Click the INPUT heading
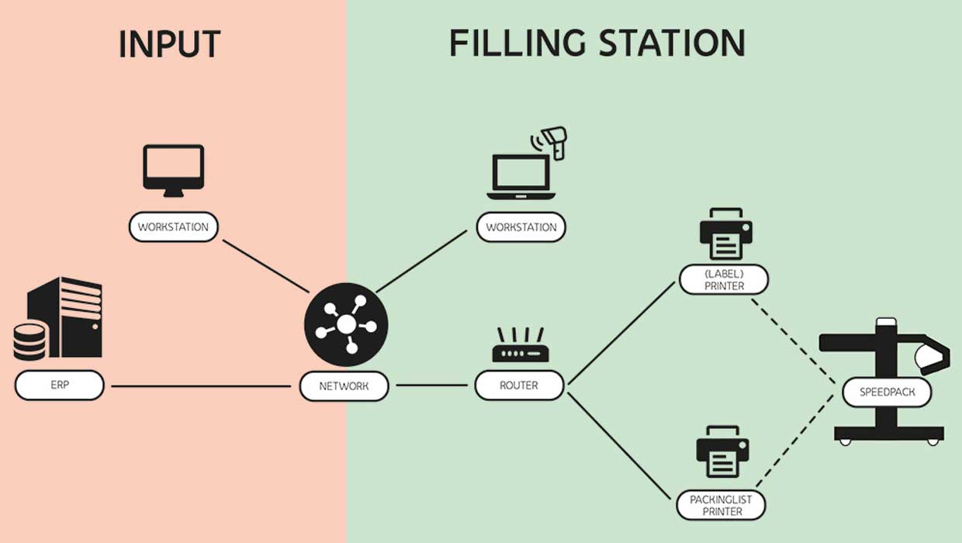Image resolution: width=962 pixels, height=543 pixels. [169, 44]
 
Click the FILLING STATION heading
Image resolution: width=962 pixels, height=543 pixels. [597, 43]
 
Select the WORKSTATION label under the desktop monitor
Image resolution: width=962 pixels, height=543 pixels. [174, 228]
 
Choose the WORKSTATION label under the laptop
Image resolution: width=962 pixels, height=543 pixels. [521, 228]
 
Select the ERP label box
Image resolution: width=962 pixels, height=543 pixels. [59, 386]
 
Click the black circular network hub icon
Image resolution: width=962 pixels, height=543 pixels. [345, 324]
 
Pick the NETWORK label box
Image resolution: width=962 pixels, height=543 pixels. [344, 386]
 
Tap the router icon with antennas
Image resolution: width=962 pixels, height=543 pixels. [519, 346]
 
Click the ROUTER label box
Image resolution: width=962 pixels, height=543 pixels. [519, 386]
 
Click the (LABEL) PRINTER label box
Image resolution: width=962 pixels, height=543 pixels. [724, 280]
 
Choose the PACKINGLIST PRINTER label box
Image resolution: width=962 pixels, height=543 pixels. [721, 506]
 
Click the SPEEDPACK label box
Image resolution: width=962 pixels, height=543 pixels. [887, 393]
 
